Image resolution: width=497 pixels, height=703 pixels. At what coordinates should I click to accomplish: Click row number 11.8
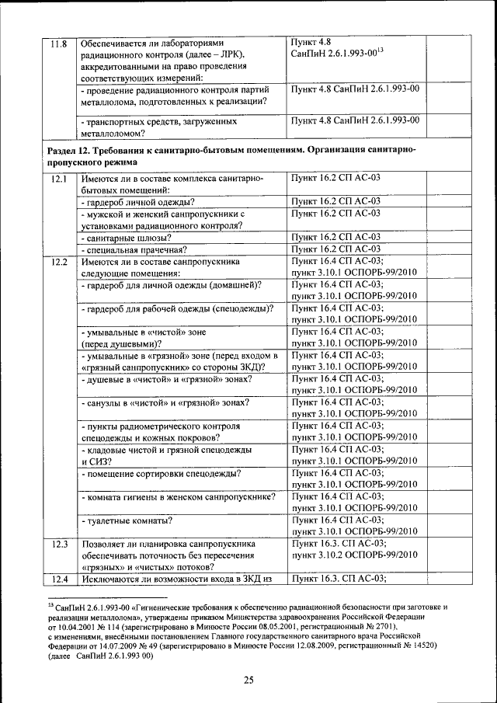(x=58, y=44)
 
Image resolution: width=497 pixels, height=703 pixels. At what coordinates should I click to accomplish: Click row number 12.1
(x=58, y=179)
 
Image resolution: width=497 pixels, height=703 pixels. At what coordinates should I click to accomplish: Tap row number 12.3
(x=58, y=544)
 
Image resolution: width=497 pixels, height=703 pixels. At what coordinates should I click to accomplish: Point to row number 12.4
(x=58, y=579)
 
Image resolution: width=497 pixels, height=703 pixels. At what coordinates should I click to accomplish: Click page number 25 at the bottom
(x=248, y=680)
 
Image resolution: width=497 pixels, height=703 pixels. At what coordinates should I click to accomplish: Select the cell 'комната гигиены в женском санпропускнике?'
(x=178, y=496)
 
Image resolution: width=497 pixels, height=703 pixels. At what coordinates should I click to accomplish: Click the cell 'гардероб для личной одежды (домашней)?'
(x=171, y=284)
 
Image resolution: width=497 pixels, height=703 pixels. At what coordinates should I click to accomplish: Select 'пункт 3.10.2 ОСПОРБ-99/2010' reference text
(x=353, y=555)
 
